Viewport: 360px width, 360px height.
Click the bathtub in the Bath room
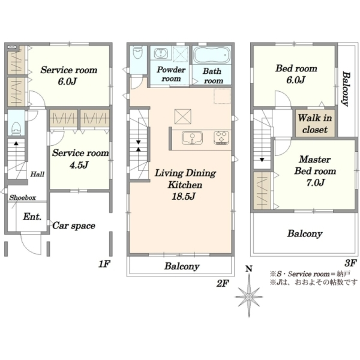211,55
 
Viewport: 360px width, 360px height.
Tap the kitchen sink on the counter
192,138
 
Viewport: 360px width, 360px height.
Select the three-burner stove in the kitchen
221,137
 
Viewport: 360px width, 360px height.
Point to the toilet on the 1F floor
16,129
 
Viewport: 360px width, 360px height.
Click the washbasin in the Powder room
161,53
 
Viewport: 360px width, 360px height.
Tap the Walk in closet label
315,124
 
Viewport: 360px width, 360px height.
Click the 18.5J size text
184,197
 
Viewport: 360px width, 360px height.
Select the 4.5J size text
79,165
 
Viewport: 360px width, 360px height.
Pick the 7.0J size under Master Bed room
316,182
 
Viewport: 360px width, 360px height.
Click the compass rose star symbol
249,296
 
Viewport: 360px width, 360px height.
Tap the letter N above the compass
249,268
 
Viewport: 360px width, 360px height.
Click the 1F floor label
104,264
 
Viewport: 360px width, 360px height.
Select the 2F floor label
223,283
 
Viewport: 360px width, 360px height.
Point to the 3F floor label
350,263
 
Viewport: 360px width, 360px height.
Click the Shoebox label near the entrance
23,197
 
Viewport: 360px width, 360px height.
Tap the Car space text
74,226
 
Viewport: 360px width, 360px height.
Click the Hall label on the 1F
37,174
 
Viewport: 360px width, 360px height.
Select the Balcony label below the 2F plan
182,266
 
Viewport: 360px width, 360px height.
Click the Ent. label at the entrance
32,217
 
